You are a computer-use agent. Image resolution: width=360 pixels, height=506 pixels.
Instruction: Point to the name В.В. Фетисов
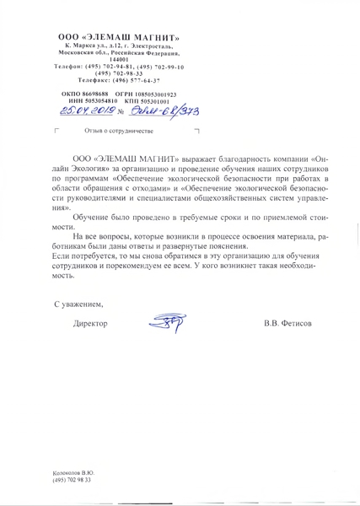point(287,323)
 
